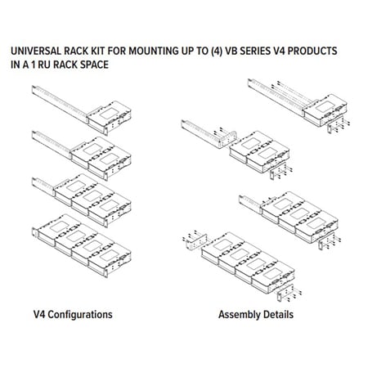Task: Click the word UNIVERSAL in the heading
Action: coord(36,51)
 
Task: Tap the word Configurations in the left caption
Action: coord(80,315)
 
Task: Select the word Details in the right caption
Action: coord(279,315)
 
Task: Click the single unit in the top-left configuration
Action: coord(110,116)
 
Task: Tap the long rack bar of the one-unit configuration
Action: coord(60,104)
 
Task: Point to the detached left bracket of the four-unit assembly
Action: coord(195,241)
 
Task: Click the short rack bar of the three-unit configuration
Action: coord(43,186)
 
